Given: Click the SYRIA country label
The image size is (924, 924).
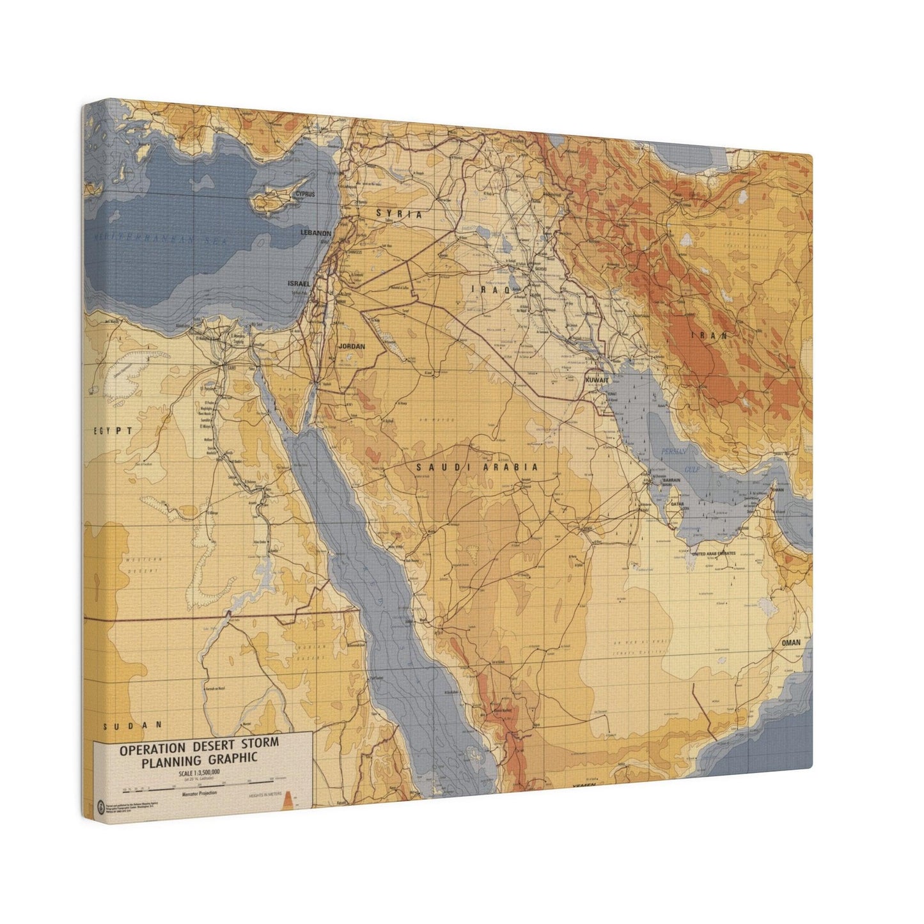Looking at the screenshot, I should (x=398, y=214).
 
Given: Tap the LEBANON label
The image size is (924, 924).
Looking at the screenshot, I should (x=316, y=233).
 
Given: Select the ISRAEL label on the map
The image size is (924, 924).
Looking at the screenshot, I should (x=299, y=283).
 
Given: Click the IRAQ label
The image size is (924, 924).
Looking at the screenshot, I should (x=490, y=290).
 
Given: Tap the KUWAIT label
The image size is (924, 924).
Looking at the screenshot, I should (x=597, y=380).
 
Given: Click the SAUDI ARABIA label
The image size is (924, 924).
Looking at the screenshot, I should (x=477, y=467).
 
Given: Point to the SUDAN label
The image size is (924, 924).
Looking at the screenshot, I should (x=133, y=725).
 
